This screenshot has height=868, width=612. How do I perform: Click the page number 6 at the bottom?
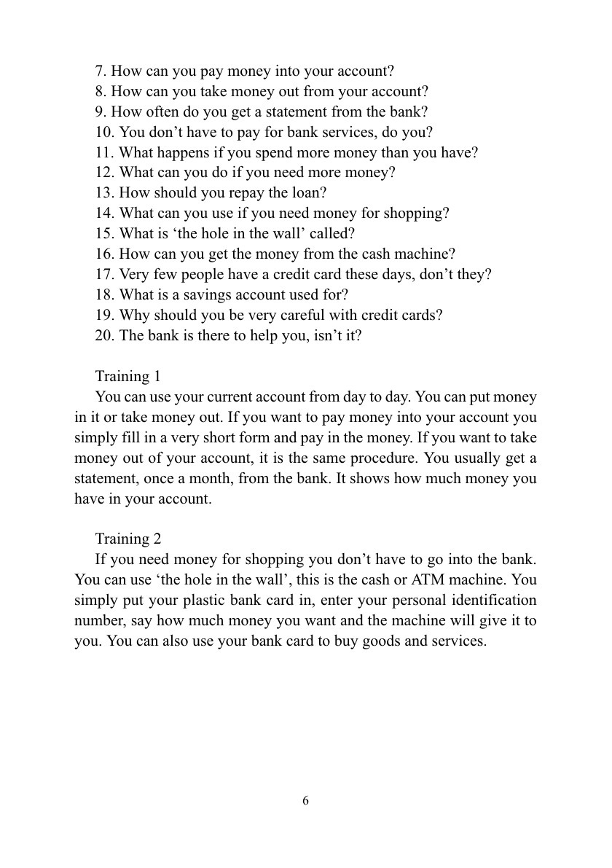[305, 800]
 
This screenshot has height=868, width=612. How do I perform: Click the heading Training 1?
[127, 376]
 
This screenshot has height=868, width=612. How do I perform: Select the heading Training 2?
[127, 539]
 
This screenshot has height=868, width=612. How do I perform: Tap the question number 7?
[101, 71]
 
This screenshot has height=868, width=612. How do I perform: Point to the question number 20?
[104, 336]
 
